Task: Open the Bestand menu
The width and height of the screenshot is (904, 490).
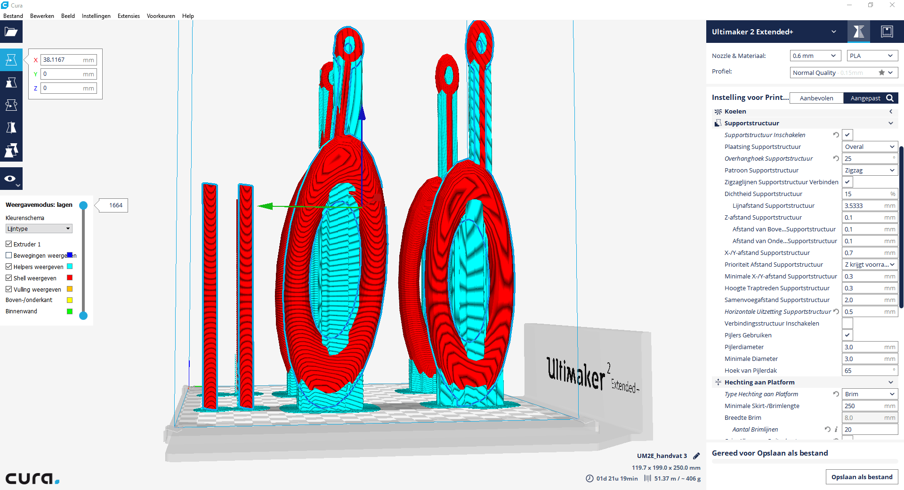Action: click(13, 16)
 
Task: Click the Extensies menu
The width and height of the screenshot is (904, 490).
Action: click(129, 16)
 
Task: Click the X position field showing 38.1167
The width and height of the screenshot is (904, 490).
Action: click(69, 60)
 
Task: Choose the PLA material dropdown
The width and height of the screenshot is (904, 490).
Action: click(872, 56)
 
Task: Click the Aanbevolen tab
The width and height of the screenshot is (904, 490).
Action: click(816, 98)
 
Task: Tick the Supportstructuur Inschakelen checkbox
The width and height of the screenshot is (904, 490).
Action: click(847, 135)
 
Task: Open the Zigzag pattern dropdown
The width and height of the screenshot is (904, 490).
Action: click(870, 171)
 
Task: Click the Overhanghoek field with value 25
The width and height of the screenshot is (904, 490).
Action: click(870, 159)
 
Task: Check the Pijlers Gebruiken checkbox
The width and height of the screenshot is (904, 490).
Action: click(847, 335)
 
